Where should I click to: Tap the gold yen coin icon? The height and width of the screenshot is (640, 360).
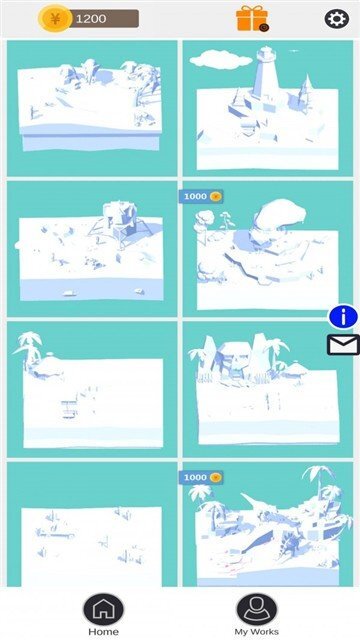[x=54, y=18]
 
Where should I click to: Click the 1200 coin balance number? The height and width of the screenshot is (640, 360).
[x=91, y=19]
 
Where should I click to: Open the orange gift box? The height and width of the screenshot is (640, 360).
[x=251, y=18]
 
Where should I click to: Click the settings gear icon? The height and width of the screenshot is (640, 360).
[x=336, y=18]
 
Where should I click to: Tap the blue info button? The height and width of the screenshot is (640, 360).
[x=343, y=316]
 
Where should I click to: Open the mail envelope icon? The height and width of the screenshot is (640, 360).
[x=343, y=345]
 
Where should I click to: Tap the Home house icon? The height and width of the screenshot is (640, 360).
[x=103, y=609]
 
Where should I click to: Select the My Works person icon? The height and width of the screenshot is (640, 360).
[x=256, y=609]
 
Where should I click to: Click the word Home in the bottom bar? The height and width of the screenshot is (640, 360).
[x=103, y=632]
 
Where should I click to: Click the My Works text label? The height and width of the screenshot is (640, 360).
[x=256, y=632]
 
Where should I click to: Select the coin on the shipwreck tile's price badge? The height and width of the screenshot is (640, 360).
[x=215, y=478]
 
